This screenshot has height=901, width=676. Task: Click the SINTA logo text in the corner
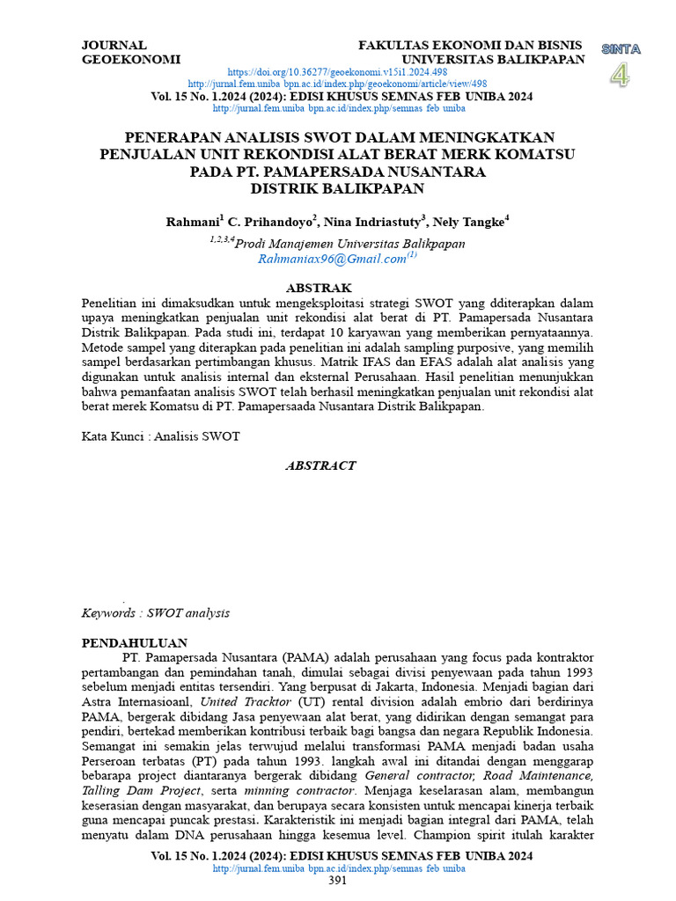pos(621,49)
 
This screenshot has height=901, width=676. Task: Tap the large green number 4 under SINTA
pos(621,76)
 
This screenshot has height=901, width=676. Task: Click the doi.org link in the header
pos(338,71)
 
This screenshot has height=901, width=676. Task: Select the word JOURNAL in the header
pos(114,45)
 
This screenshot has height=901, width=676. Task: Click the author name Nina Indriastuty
pos(373,222)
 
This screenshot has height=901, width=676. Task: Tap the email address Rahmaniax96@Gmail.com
pos(332,260)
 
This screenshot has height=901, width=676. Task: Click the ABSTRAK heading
pos(320,288)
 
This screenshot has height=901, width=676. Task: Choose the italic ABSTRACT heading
pos(320,465)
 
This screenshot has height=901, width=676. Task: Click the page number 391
pos(338,881)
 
